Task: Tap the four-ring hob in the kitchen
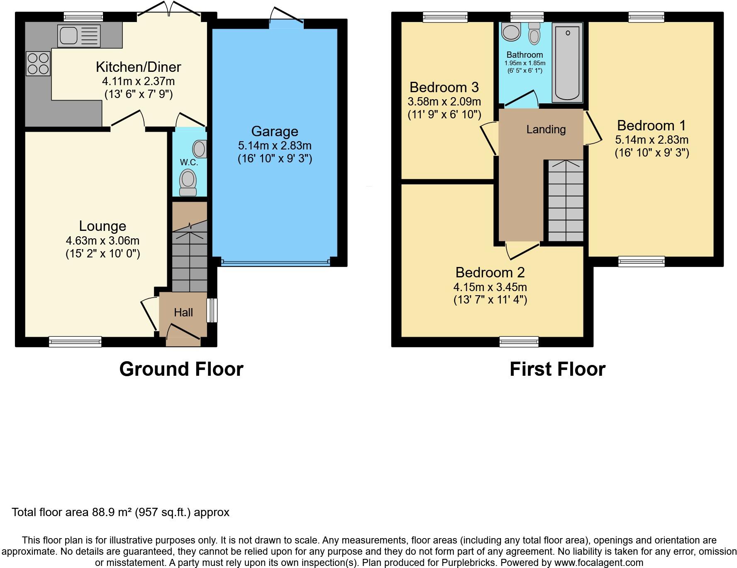38,63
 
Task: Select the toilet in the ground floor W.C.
188,183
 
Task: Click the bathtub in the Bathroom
567,62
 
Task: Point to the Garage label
275,132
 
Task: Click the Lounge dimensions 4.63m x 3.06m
102,240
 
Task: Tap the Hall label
183,312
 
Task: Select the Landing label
546,130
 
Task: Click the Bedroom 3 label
444,88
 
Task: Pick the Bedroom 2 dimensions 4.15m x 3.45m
490,287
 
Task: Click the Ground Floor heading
181,369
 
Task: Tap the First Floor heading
557,369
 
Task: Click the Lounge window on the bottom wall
75,342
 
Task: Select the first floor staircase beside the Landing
566,201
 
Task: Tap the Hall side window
212,310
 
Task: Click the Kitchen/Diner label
139,67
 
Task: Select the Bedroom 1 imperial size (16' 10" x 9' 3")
652,153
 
